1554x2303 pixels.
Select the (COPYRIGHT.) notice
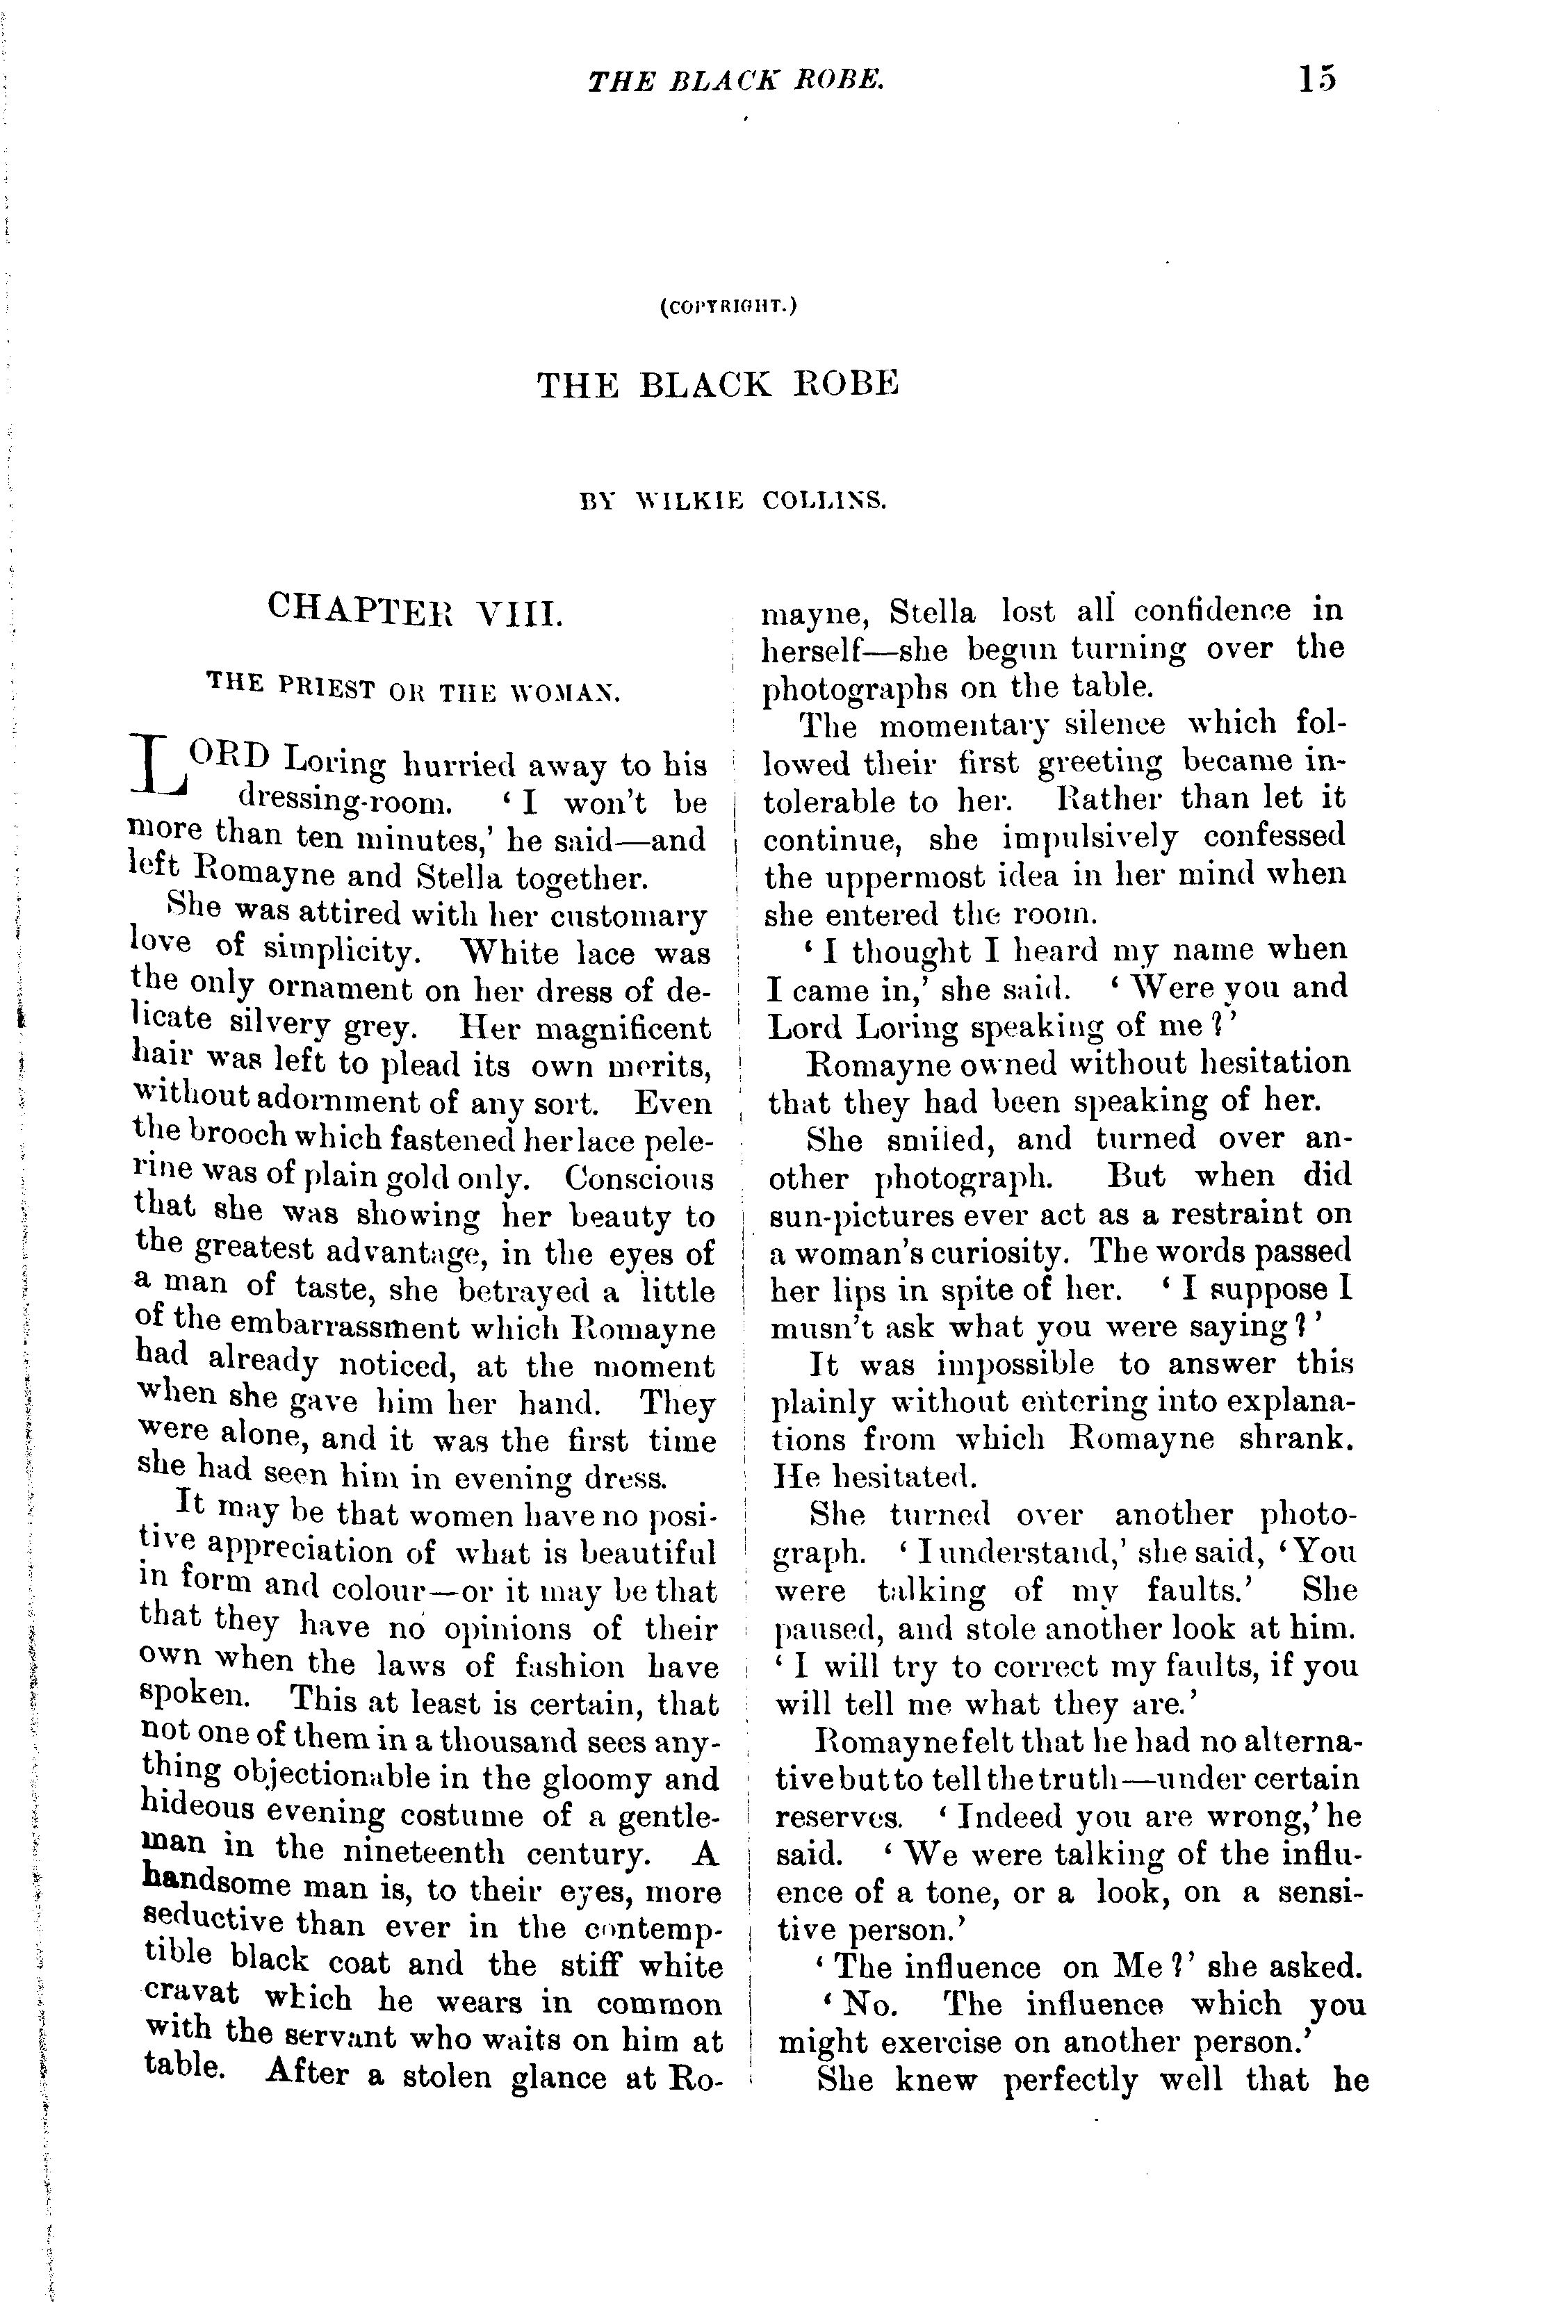pyautogui.click(x=728, y=307)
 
